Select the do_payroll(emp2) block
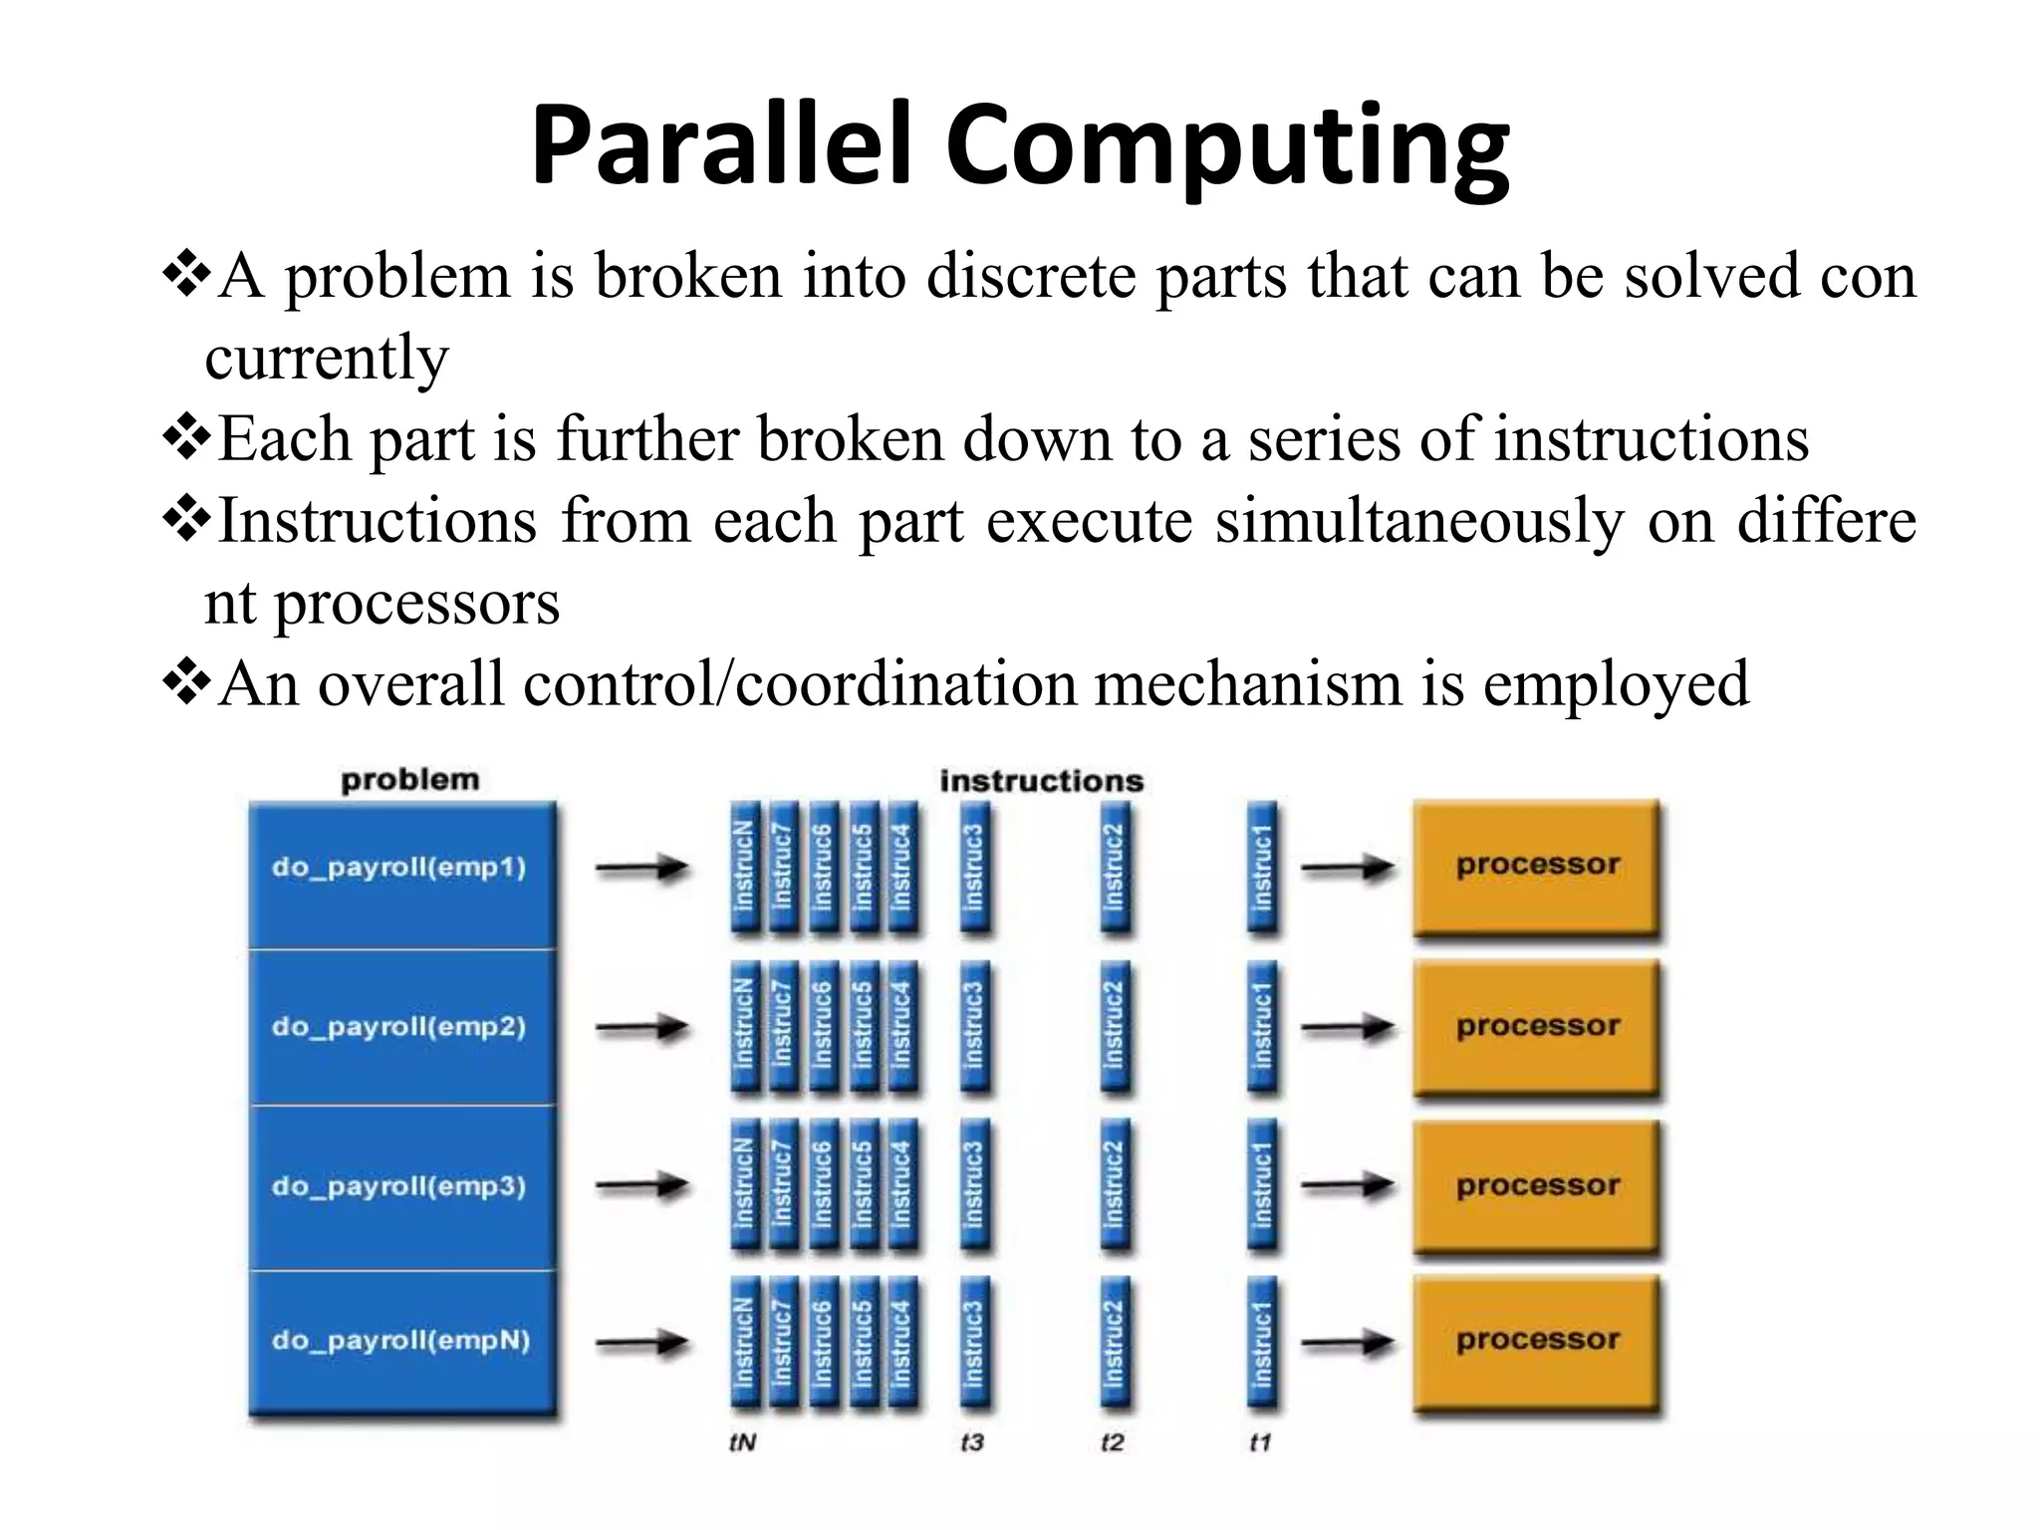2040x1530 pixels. click(x=400, y=1027)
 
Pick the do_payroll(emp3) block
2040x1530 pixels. click(x=400, y=1186)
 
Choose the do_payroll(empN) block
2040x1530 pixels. click(x=400, y=1341)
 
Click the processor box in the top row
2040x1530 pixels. click(x=1537, y=866)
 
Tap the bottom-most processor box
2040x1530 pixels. click(x=1537, y=1341)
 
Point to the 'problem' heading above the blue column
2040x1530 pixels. click(x=409, y=780)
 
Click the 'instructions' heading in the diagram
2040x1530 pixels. click(x=1041, y=781)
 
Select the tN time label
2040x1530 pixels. click(x=743, y=1442)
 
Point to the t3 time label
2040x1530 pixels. click(x=972, y=1442)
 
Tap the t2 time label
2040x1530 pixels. click(x=1113, y=1442)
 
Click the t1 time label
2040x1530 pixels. click(x=1260, y=1442)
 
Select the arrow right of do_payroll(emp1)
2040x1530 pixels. click(x=642, y=869)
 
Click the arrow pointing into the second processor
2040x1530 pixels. click(x=1348, y=1027)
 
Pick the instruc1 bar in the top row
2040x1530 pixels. click(x=1262, y=868)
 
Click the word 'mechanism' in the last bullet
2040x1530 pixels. click(x=1248, y=684)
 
